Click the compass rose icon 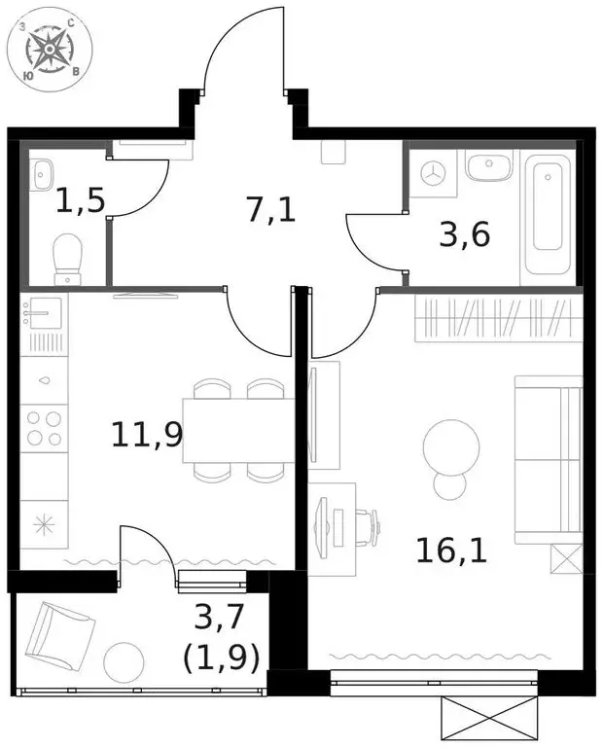46,48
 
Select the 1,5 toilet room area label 80,202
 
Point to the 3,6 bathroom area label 463,234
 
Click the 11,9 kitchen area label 147,434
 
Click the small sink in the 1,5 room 41,175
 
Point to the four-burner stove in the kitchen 45,427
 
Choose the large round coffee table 451,446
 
